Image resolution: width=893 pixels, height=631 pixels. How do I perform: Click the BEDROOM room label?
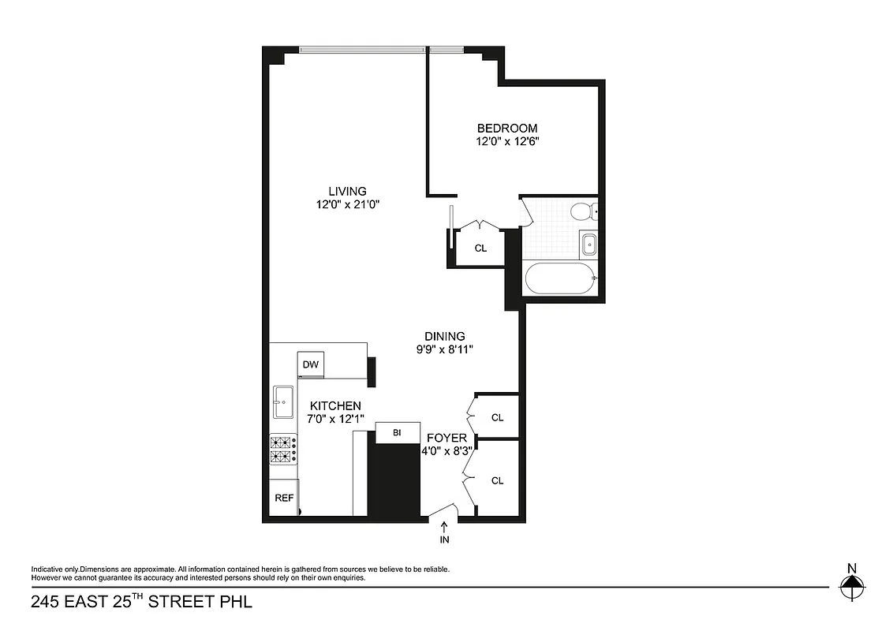(x=507, y=129)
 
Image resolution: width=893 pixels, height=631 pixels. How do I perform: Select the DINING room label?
(x=444, y=335)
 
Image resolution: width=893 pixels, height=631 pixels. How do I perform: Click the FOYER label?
(x=447, y=438)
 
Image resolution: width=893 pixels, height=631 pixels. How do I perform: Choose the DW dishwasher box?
(x=311, y=364)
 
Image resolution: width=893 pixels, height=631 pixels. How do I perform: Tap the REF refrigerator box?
(x=284, y=498)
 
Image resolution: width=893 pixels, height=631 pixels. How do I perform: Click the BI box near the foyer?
(x=397, y=433)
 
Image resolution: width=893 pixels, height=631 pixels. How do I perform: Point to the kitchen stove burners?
(x=282, y=450)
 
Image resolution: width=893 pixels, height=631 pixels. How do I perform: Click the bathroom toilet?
(x=582, y=211)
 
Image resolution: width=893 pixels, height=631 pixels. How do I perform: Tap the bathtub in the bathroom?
(x=559, y=278)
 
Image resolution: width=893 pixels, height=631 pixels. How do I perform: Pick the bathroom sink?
(x=587, y=245)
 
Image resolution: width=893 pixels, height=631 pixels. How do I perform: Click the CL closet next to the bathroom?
(x=480, y=248)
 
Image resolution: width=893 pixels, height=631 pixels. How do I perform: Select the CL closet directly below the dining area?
(x=497, y=417)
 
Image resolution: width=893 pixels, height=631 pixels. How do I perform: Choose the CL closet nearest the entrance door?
(x=497, y=480)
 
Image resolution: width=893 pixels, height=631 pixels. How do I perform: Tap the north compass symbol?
(x=850, y=585)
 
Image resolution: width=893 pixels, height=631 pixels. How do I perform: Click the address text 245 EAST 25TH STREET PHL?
(x=141, y=603)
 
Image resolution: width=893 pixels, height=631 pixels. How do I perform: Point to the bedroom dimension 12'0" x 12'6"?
(x=507, y=142)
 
